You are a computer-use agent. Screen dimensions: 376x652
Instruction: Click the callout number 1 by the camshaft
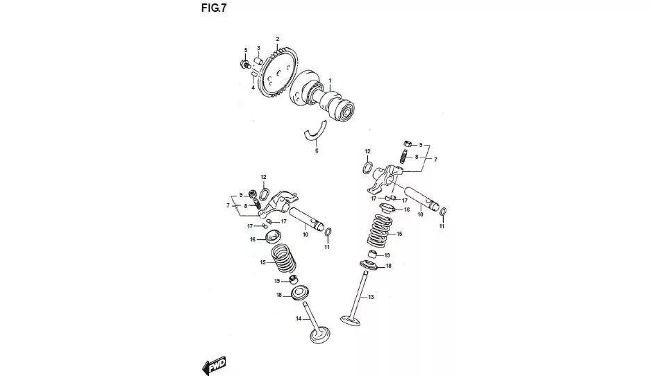click(330, 80)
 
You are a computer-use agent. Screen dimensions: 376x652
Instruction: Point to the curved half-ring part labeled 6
click(317, 132)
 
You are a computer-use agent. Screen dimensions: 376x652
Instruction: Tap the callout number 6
click(317, 150)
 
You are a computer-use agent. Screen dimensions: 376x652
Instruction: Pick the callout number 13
click(371, 297)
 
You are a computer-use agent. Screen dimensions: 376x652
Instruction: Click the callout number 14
click(299, 319)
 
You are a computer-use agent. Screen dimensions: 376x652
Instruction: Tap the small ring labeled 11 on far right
click(443, 212)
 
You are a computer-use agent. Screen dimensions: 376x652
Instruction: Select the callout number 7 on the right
click(435, 160)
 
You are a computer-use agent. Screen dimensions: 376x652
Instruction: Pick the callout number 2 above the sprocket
click(277, 38)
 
